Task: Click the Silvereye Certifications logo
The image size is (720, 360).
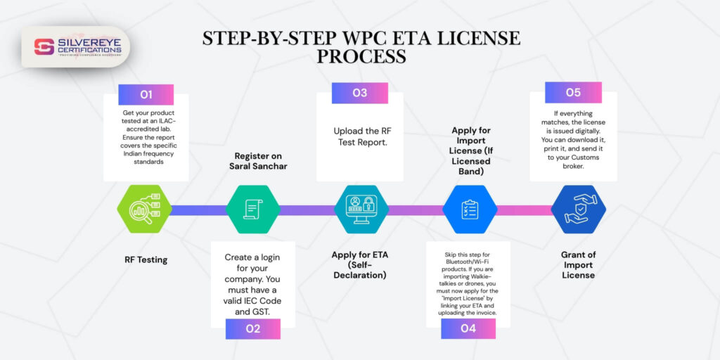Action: [77, 47]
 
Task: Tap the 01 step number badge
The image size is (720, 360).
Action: [146, 94]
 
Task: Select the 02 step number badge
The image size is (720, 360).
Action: [252, 328]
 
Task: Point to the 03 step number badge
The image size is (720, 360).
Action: [359, 93]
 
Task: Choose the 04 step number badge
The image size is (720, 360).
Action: [468, 328]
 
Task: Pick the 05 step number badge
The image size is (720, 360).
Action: [573, 92]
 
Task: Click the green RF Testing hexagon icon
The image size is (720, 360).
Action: [144, 210]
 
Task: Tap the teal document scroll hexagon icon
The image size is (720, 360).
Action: [252, 210]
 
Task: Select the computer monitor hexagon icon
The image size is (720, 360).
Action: [361, 210]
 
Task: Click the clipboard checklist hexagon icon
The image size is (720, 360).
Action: [469, 210]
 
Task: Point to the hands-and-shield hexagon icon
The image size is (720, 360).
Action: [577, 210]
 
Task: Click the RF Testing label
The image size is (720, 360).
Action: [146, 260]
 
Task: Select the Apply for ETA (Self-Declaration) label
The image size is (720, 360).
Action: [359, 264]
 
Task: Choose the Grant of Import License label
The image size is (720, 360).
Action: [577, 265]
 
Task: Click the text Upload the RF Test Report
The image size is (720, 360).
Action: [359, 136]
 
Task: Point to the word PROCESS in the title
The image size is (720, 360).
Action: [361, 56]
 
